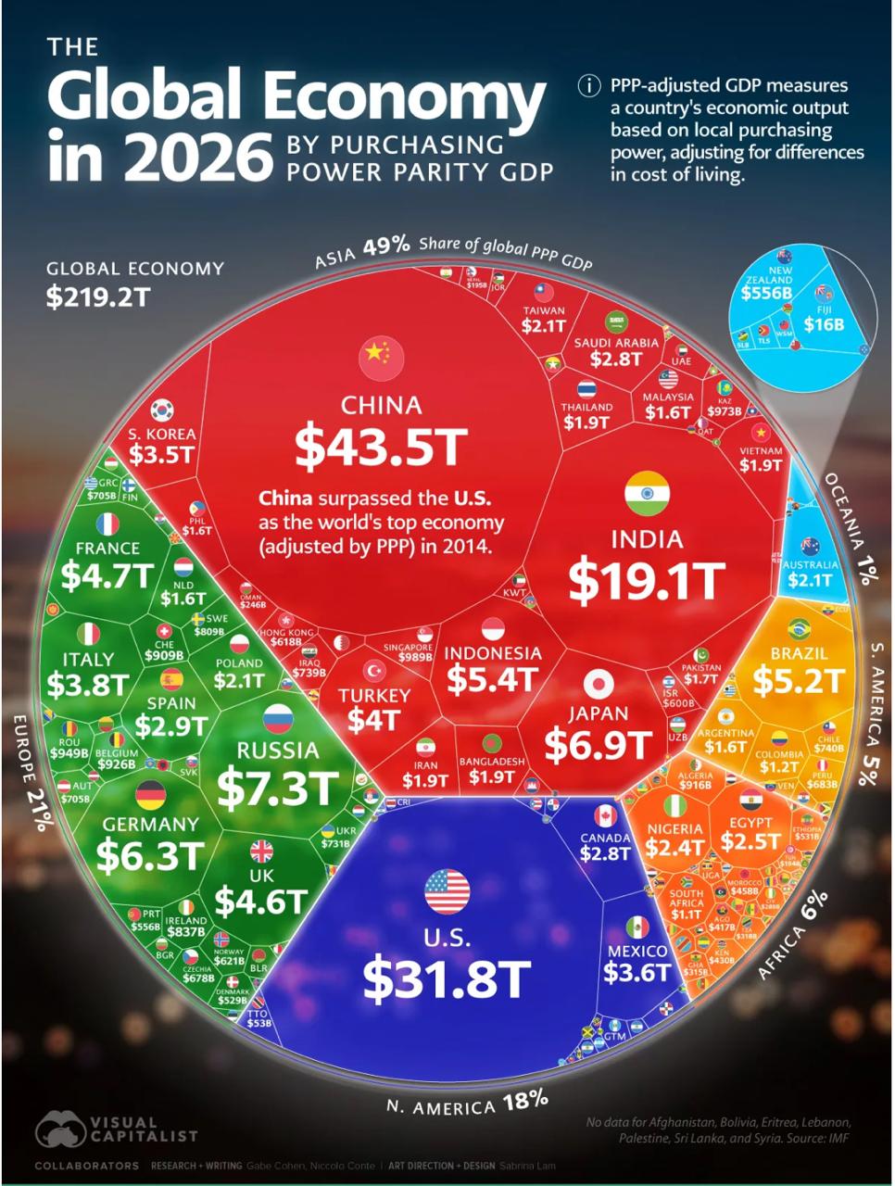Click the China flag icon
381,355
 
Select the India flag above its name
647,493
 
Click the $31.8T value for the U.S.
447,978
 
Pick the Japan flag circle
599,685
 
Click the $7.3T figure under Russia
277,788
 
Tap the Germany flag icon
150,794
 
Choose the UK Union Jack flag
261,851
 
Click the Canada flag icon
605,816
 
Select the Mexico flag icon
637,926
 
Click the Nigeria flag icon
675,804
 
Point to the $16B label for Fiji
824,324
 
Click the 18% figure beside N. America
525,1101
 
